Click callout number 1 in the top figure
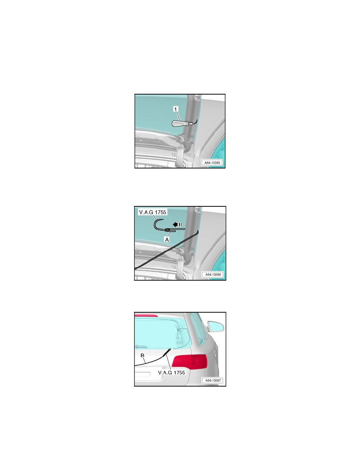tap(176, 109)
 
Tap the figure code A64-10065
tap(212, 163)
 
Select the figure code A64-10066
tap(213, 275)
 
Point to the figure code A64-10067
tap(213, 380)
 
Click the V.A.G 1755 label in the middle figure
tap(153, 212)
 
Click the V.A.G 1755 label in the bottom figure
tap(171, 372)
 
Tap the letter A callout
tap(167, 239)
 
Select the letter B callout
tap(142, 355)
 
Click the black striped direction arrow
tap(177, 224)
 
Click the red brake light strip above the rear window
tap(146, 315)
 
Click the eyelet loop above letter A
tap(167, 230)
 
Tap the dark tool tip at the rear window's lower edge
tap(167, 351)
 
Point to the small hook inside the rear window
tap(181, 330)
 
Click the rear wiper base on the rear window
tap(141, 346)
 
